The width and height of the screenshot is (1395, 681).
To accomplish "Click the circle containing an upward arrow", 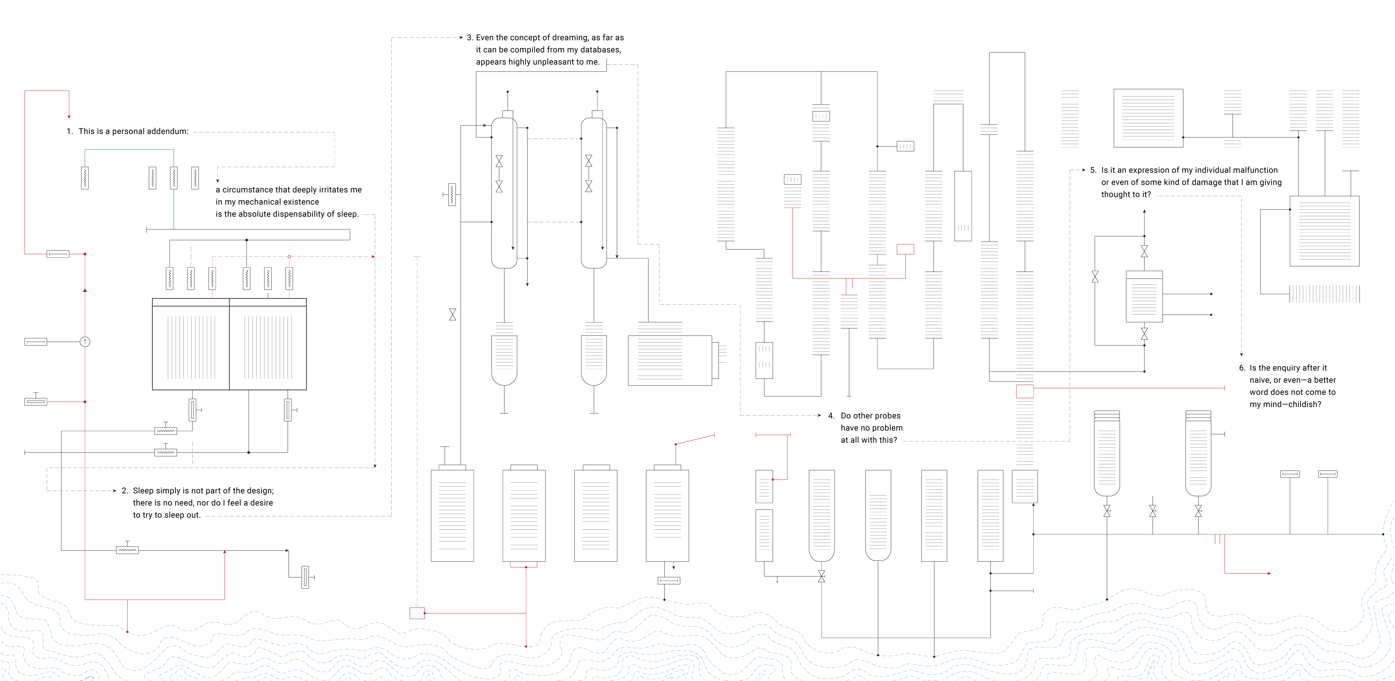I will pos(85,342).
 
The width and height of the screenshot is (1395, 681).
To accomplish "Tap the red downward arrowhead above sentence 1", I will pos(69,116).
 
